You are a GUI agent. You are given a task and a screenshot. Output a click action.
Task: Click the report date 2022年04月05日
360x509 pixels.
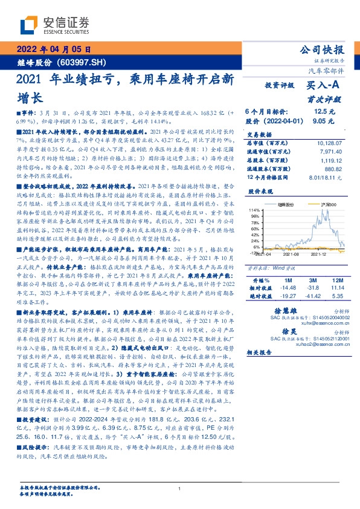click(53, 50)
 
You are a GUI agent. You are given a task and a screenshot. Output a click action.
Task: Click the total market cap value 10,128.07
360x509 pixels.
click(330, 143)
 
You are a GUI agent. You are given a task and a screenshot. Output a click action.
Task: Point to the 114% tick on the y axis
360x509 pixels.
click(255, 210)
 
